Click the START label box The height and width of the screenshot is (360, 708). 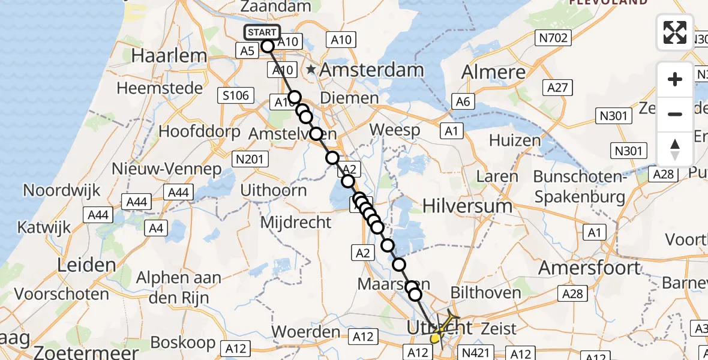pos(262,32)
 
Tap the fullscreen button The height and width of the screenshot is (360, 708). pos(675,32)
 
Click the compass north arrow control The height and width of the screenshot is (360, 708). pos(675,149)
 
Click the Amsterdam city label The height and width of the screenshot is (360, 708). pos(371,70)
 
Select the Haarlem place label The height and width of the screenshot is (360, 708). pos(169,56)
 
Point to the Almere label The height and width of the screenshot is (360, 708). pos(493,73)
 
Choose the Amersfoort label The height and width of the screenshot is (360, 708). pos(589,268)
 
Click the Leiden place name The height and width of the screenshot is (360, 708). pos(86,265)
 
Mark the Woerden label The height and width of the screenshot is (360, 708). pos(306,332)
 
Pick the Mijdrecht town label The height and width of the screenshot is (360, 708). pos(296,223)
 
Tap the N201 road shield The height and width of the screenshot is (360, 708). pos(250,158)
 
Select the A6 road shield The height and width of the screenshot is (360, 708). pos(462,102)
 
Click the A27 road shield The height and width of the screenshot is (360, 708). pos(557,88)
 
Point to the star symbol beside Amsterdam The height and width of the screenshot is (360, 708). pos(311,71)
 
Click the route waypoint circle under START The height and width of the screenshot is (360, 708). pos(268,46)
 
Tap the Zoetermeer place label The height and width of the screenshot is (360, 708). pos(86,352)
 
